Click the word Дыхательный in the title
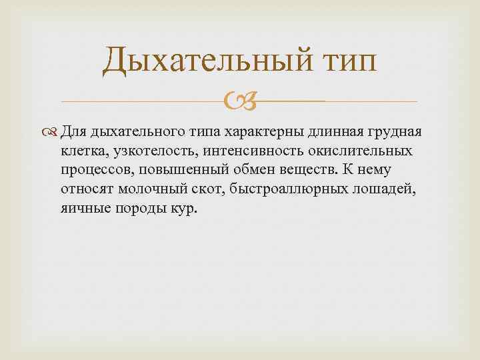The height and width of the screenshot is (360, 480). click(x=206, y=61)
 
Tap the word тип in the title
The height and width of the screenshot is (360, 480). click(x=345, y=61)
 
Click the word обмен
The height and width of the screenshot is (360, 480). click(x=251, y=170)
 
